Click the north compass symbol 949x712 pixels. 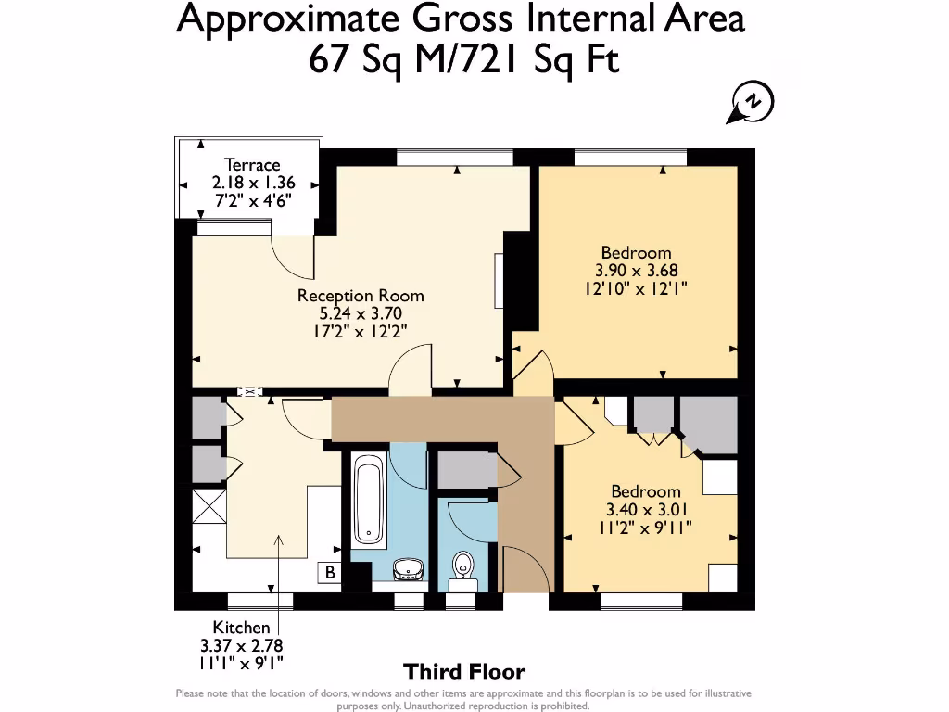[x=751, y=102]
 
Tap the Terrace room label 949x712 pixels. [x=252, y=165]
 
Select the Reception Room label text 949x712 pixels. [x=361, y=296]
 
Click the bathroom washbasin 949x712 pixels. [x=408, y=569]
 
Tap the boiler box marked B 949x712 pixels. [x=330, y=572]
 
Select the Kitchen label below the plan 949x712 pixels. [x=241, y=628]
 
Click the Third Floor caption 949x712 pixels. [x=464, y=671]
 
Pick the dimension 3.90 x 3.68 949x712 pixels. [x=636, y=270]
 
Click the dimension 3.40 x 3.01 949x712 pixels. [x=646, y=509]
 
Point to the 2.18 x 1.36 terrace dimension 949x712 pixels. [x=254, y=183]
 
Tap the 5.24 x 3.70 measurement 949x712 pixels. [x=361, y=313]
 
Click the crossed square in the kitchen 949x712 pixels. [x=209, y=506]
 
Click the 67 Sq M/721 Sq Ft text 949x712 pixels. [x=464, y=59]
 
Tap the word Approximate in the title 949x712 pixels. [x=288, y=19]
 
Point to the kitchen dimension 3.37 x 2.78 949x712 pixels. [x=242, y=645]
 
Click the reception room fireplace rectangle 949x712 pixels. [x=499, y=281]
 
